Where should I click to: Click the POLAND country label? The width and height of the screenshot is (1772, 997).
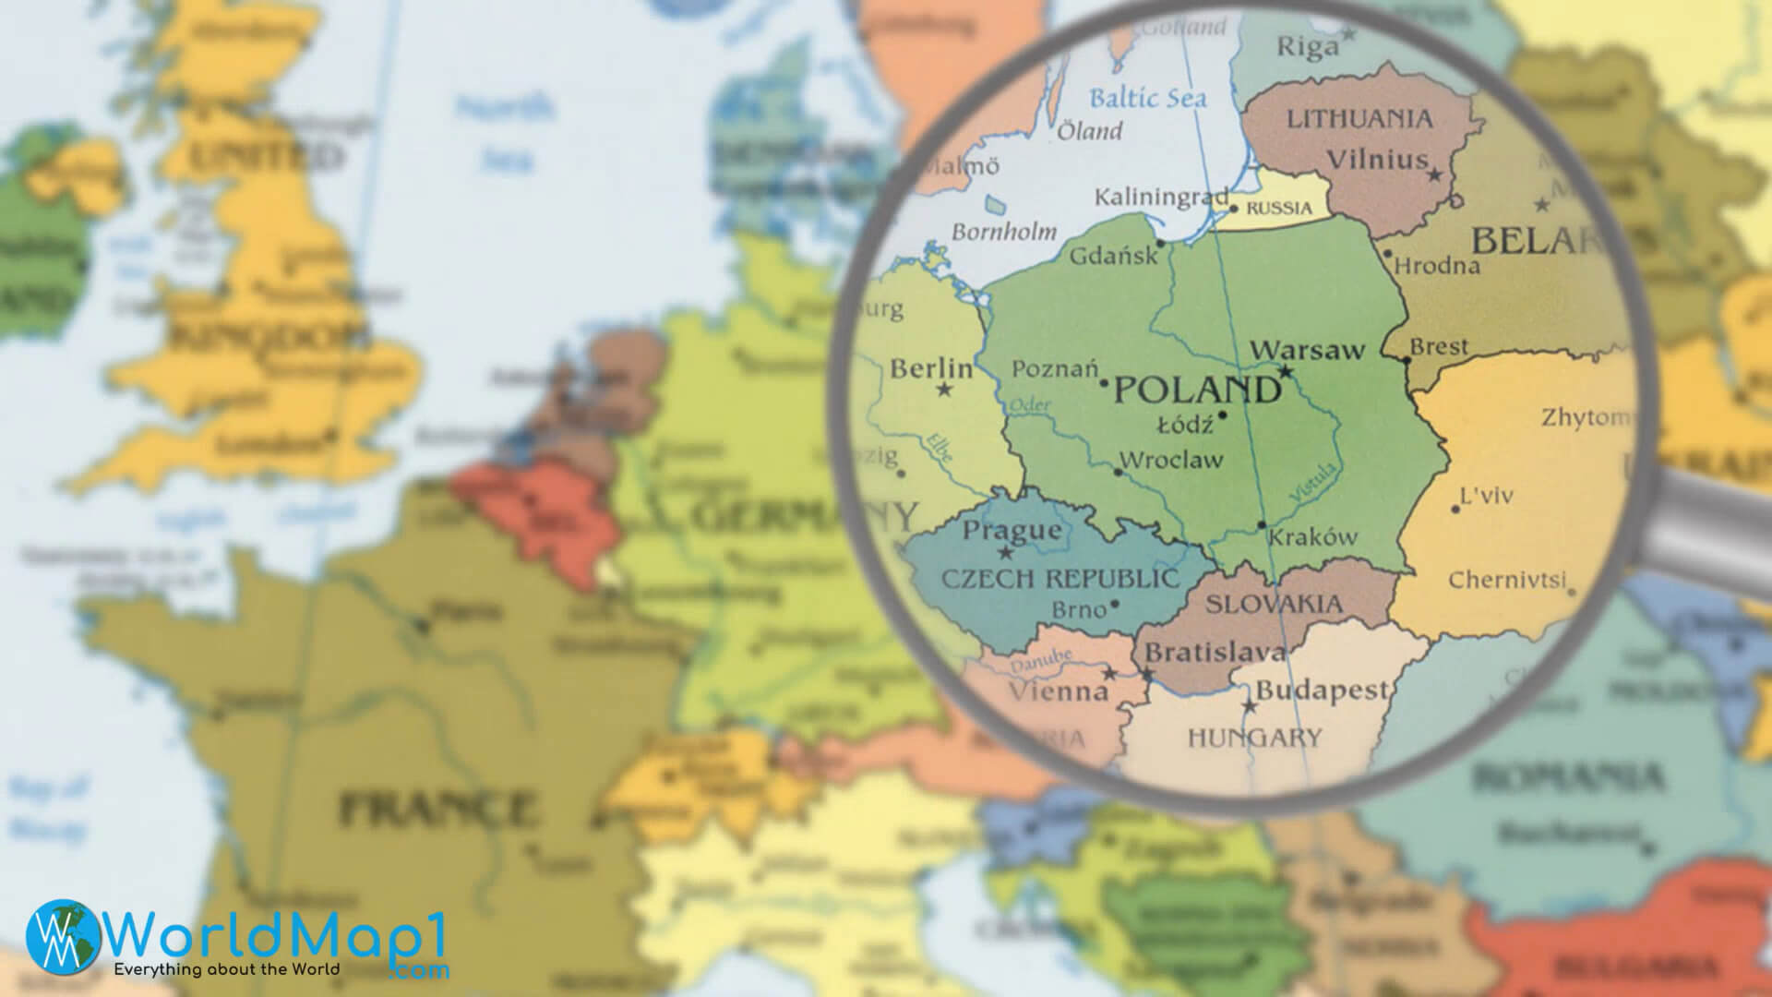click(1197, 390)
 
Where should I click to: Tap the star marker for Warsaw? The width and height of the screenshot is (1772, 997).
click(1285, 372)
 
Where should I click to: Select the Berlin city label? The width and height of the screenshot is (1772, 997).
click(930, 369)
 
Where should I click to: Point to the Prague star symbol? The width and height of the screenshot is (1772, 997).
click(1006, 554)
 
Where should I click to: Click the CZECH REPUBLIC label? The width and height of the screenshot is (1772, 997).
click(1060, 579)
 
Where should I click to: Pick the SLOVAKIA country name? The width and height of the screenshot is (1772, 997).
click(1274, 605)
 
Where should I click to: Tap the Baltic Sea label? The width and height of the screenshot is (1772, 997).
click(1147, 97)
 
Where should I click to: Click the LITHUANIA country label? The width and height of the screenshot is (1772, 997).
click(1359, 119)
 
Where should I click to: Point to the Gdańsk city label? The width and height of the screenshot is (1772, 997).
click(1113, 256)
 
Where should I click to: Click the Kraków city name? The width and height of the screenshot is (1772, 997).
click(1312, 537)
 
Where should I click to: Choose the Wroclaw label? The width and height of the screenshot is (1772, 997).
click(1170, 460)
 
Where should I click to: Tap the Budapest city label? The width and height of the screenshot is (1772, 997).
click(1322, 690)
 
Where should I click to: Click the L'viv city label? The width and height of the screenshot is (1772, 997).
click(1486, 497)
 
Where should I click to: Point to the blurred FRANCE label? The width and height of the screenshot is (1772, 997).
click(436, 809)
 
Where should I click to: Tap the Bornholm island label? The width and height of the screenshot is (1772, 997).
click(1003, 231)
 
